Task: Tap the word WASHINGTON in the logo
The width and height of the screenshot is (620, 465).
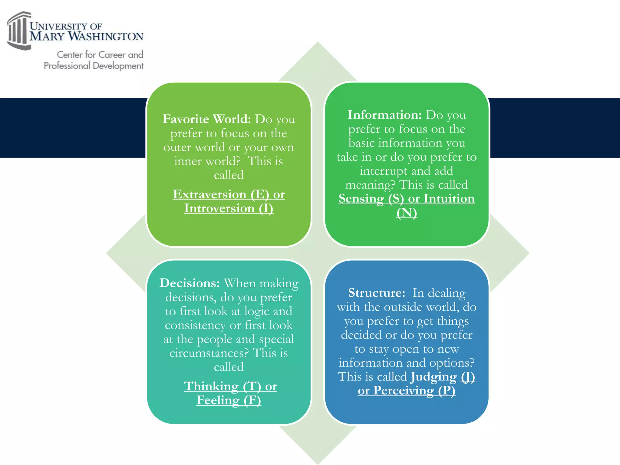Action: (106, 36)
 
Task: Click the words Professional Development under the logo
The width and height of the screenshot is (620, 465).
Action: (94, 66)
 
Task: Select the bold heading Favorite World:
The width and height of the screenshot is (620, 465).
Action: (207, 119)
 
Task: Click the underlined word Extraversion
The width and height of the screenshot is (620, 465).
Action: (209, 194)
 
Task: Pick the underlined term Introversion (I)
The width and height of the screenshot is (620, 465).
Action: (229, 208)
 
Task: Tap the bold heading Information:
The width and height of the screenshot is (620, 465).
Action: (384, 115)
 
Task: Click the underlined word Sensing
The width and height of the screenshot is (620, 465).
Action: (361, 199)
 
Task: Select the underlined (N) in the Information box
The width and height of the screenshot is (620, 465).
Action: (407, 213)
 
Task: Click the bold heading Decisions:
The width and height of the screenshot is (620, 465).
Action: (190, 283)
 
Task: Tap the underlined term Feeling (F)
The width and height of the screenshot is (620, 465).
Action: (229, 400)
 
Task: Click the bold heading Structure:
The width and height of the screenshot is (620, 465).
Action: (377, 293)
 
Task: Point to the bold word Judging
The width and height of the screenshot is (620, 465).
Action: (434, 377)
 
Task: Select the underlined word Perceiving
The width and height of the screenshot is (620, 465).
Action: (403, 391)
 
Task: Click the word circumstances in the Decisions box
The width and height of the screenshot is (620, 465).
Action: (209, 353)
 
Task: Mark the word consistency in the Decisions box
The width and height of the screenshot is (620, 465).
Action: (195, 325)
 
